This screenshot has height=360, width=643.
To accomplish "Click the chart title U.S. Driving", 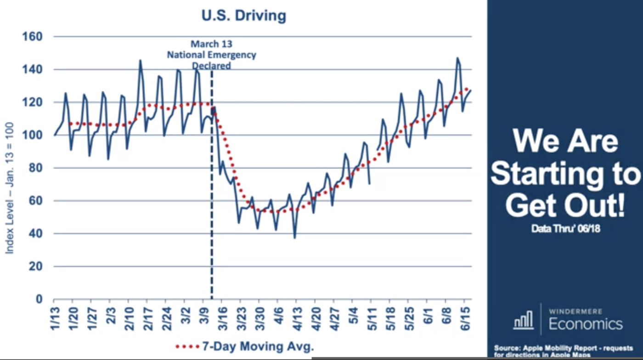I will coord(243,15).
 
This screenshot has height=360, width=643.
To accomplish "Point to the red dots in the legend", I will coord(187,346).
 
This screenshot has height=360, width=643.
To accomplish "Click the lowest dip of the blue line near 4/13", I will coord(294,237).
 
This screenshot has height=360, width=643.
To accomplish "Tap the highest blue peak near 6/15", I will coord(457,58).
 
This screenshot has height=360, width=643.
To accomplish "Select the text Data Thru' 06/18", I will coord(565,228).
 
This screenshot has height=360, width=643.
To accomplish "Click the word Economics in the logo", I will coord(586,324).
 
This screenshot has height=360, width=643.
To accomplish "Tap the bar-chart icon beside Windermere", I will coord(523,320).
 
